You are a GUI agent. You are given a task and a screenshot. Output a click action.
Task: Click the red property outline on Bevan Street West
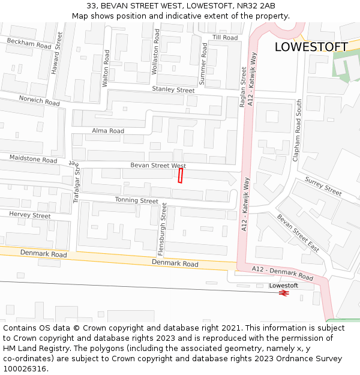(x=180, y=175)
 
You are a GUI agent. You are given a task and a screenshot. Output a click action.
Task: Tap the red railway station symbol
(x=284, y=293)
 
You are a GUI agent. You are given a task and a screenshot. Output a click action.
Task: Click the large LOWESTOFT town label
(x=311, y=47)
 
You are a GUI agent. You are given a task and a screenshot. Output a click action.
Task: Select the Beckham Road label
(x=29, y=43)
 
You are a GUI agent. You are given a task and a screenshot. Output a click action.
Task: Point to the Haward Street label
(x=56, y=53)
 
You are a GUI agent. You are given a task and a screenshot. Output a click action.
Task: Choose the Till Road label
(x=225, y=37)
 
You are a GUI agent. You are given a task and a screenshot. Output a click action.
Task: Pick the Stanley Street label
(x=173, y=90)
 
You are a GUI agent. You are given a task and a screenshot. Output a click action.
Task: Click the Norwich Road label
(x=39, y=100)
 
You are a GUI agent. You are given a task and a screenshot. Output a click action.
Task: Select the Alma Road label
(x=108, y=131)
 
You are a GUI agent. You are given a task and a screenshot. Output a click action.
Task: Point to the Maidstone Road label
(x=33, y=158)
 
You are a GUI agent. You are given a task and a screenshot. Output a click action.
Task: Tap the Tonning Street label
(x=136, y=200)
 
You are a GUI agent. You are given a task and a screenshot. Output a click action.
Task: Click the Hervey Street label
(x=30, y=215)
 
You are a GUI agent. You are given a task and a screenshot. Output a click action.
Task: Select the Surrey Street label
(x=323, y=187)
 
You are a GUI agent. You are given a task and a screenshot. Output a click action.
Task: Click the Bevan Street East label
(x=298, y=233)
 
